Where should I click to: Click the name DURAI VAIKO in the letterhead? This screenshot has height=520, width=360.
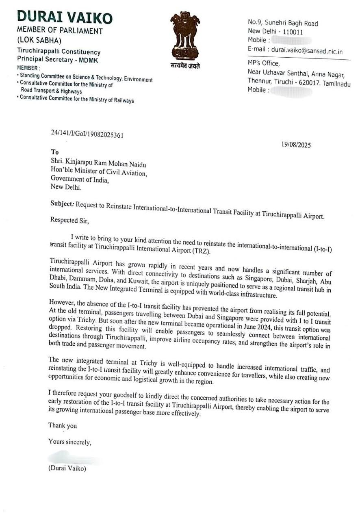[x=65, y=17]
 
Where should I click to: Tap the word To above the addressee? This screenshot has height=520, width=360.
[x=55, y=152]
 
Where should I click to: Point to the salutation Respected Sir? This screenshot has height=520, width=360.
[x=69, y=221]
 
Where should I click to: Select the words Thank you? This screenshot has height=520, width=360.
[x=63, y=426]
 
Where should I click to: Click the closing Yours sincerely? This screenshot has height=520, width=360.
[x=70, y=442]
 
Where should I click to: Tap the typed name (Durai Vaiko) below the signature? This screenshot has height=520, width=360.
[x=67, y=468]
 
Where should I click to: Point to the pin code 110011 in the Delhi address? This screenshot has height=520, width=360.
[x=293, y=32]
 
